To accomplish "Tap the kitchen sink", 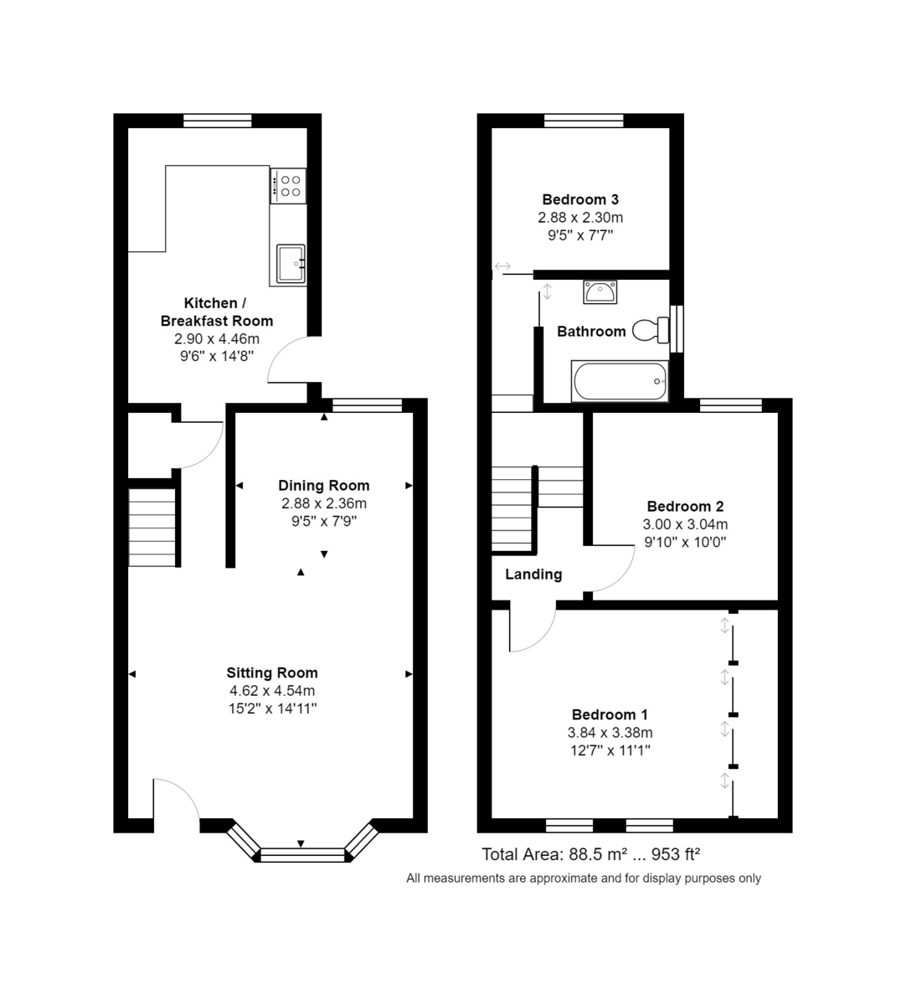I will [291, 263].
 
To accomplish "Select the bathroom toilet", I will [650, 330].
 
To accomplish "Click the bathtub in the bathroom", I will [620, 381].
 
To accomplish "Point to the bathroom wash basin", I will [600, 292].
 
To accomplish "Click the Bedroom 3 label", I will [580, 199].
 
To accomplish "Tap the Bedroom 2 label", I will [685, 507].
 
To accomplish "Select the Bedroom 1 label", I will [610, 714].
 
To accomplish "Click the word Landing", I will [533, 575].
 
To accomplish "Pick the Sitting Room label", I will [272, 673].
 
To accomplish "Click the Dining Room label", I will [324, 486].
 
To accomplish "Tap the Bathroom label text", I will [591, 332].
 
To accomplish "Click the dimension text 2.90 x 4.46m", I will [217, 339].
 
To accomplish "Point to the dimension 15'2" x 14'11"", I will [272, 709].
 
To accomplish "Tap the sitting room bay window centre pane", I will [302, 854].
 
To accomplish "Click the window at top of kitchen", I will [218, 121].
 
